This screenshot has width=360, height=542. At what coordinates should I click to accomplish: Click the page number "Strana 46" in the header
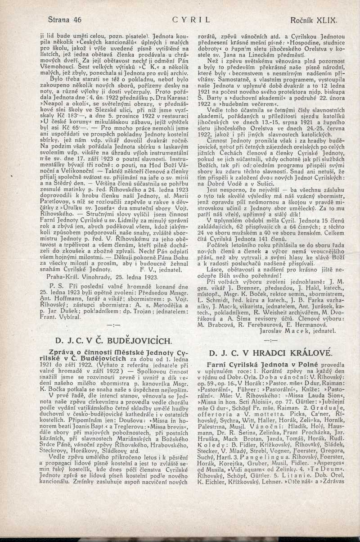tap(65, 20)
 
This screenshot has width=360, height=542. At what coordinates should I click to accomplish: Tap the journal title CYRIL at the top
tap(191, 20)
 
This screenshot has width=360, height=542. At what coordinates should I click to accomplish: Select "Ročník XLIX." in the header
tap(314, 20)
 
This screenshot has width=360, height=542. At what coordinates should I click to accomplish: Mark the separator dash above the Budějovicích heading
tap(110, 324)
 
